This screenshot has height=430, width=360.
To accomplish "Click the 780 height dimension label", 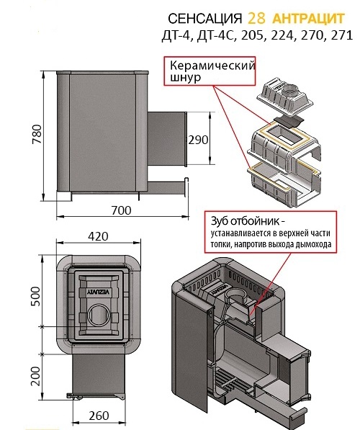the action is (37, 134).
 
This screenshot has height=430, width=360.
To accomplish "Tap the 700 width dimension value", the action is (121, 210).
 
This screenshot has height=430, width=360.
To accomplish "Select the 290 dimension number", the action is (198, 140).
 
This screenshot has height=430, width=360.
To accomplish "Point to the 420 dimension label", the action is (98, 236).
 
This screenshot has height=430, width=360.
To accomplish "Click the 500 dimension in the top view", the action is (36, 296).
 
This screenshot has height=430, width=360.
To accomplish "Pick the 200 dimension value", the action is (36, 376).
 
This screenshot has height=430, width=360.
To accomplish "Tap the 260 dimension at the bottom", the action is (99, 416).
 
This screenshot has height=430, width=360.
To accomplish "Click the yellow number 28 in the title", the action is (256, 19).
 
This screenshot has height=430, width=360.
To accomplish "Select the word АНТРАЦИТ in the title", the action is (308, 19).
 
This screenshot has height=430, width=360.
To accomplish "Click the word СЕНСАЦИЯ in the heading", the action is (204, 19).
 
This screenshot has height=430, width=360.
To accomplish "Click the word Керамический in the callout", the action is (212, 66).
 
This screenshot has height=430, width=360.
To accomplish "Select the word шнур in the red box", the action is (186, 78).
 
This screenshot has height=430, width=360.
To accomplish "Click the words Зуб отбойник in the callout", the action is (246, 221).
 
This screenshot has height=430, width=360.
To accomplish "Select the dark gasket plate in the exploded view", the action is (288, 120).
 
